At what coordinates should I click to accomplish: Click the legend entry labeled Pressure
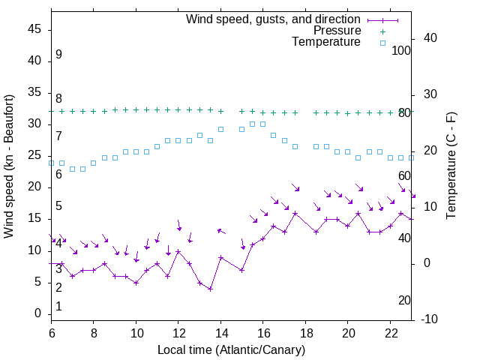[337, 31]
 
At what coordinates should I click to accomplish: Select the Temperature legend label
[326, 42]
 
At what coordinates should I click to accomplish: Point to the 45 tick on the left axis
[34, 30]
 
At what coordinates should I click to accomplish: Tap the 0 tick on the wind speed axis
[38, 313]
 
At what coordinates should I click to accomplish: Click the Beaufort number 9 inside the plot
[58, 55]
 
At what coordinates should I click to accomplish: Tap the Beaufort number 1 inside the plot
[58, 306]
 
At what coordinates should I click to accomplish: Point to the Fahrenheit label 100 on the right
[402, 50]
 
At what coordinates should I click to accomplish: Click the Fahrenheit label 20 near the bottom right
[405, 300]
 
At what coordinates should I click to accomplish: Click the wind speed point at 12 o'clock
[178, 250]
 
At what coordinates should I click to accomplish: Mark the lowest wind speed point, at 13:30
[210, 289]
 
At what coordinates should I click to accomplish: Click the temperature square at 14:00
[220, 129]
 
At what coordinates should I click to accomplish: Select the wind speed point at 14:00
[220, 257]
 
